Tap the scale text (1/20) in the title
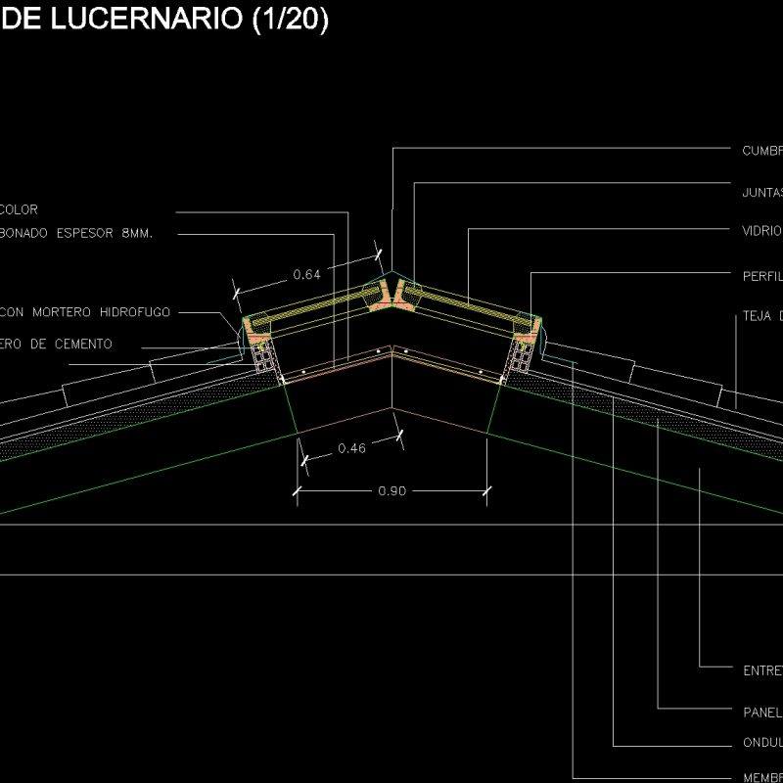tap(290, 22)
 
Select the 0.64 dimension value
tap(306, 275)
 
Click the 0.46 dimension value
tap(351, 448)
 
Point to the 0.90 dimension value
tap(392, 491)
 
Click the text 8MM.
tap(136, 233)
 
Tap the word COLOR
tap(20, 209)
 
